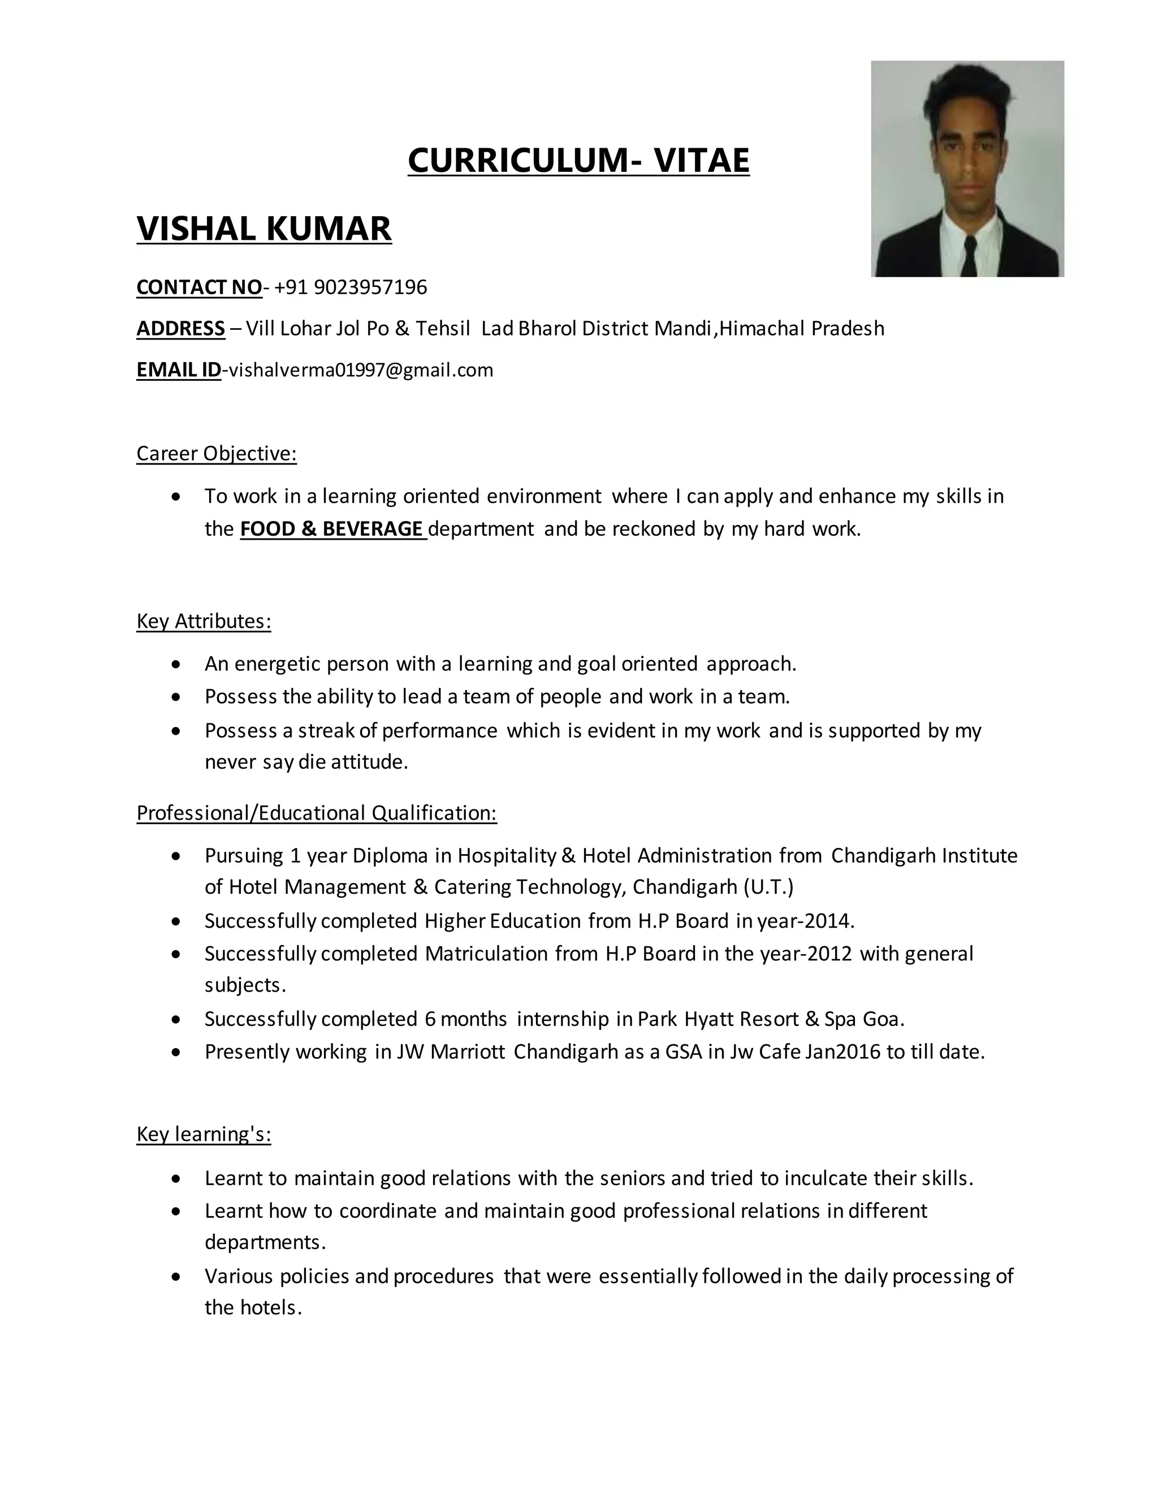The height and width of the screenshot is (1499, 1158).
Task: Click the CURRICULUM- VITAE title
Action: [578, 160]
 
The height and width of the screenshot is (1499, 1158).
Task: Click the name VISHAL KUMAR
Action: [264, 228]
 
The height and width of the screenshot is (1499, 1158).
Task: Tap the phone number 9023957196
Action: [370, 287]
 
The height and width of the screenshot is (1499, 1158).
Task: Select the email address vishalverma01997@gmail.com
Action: [361, 371]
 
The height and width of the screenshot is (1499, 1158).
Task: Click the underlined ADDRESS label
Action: [180, 329]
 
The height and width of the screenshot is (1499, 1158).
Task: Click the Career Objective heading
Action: [216, 454]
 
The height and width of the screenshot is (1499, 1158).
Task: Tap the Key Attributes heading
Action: [204, 621]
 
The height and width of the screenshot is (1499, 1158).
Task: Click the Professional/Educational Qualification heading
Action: [316, 813]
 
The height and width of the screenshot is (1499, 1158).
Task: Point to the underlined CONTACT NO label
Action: [199, 287]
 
